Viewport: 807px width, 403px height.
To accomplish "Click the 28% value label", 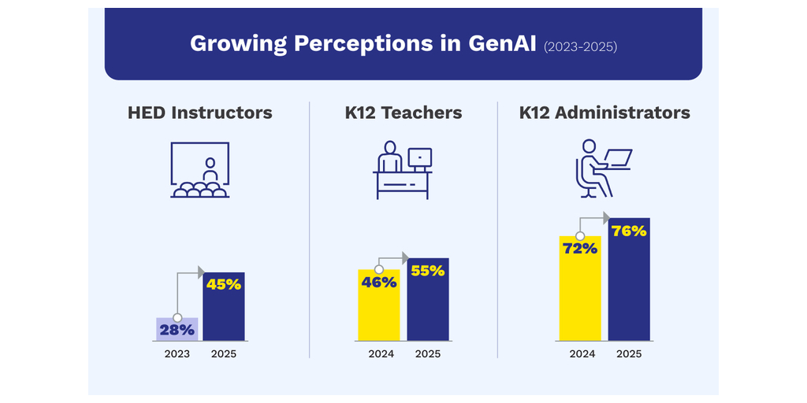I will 177,330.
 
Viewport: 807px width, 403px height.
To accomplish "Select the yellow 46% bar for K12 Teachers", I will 379,311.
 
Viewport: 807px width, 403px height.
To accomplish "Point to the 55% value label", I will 428,271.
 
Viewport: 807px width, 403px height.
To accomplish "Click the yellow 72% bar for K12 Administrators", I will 580,295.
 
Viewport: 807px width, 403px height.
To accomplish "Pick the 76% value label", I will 629,231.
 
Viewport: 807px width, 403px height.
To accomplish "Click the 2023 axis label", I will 177,354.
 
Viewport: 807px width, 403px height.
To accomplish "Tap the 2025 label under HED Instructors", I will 224,354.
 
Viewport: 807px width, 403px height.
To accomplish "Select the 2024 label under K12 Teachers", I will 381,354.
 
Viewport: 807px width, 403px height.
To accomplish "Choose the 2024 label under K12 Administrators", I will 582,354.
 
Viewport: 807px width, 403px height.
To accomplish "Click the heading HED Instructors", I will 199,113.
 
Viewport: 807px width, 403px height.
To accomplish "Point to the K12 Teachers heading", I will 403,113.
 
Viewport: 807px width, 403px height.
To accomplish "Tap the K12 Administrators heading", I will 604,113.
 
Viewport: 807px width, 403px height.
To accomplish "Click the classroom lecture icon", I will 199,169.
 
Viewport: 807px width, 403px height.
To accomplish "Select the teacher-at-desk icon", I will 403,169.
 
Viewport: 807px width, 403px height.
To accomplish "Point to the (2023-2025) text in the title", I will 581,46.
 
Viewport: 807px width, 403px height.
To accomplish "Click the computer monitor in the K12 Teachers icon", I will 419,158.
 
